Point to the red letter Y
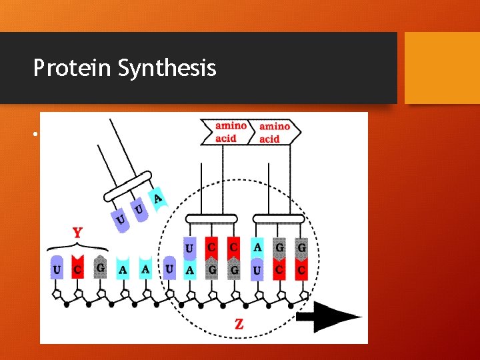pos(77,233)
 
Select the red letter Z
pos(238,324)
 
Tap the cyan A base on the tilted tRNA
pos(157,199)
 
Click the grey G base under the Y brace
pos(100,268)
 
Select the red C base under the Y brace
pos(79,268)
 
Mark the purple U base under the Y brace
pos(57,268)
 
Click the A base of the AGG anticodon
pos(257,247)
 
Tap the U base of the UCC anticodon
pos(189,247)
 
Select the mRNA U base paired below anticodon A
pos(257,269)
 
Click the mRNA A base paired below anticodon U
pos(189,269)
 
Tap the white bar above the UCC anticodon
pos(211,218)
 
